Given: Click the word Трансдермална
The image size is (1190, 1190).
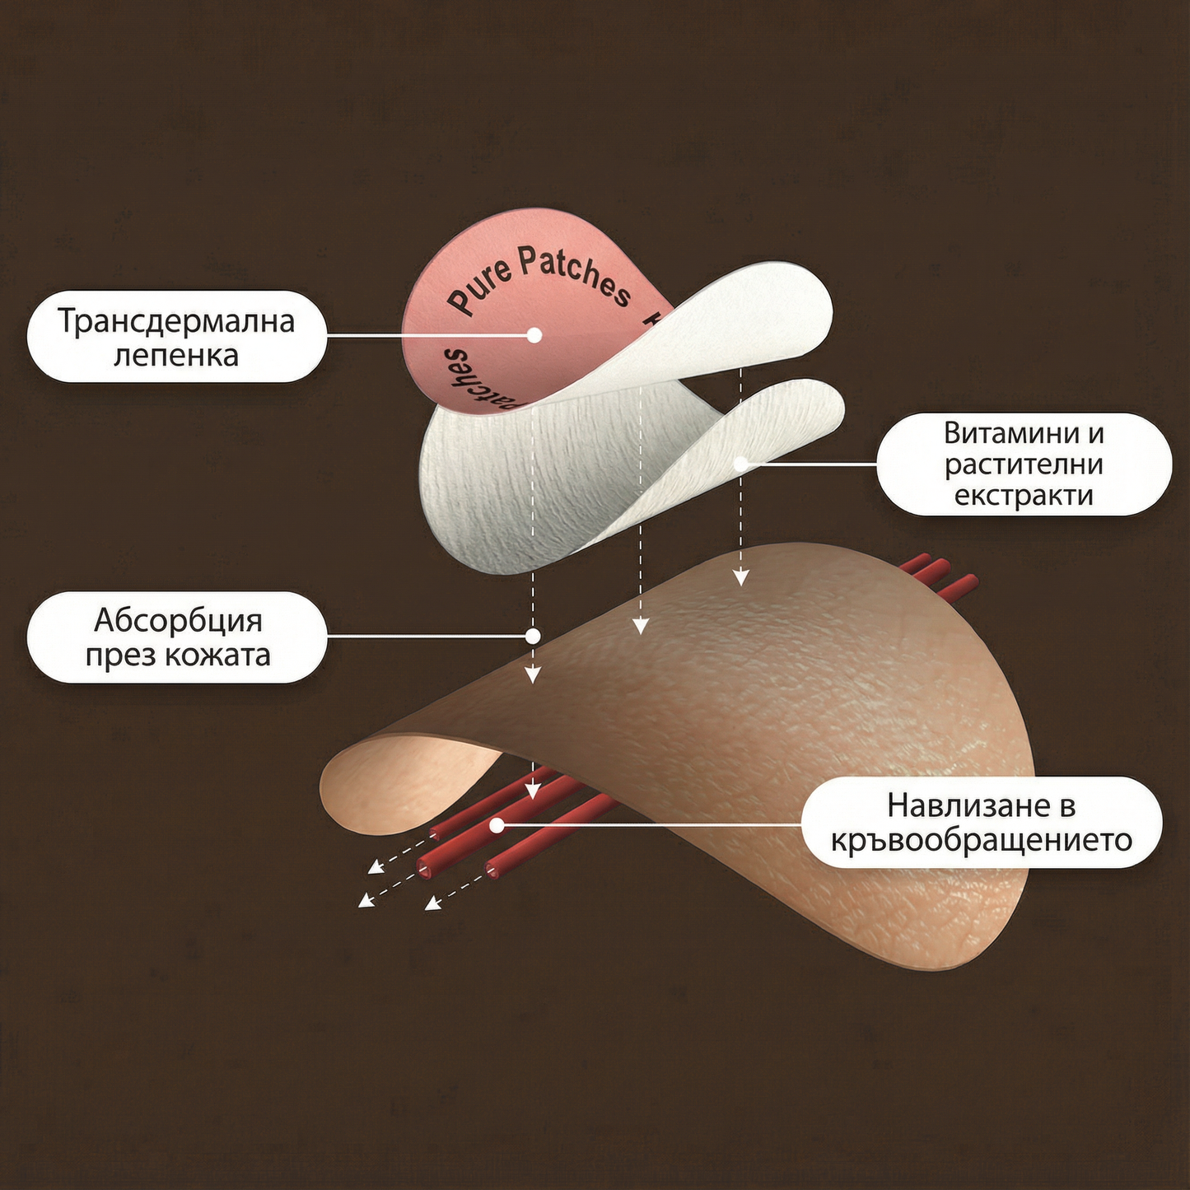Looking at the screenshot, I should (176, 321).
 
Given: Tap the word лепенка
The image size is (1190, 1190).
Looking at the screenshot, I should (176, 356).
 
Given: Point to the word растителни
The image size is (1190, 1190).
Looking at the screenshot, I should (1024, 464).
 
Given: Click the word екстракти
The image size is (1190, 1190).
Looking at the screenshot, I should (1024, 496).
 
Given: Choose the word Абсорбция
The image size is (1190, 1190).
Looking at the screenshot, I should (178, 620).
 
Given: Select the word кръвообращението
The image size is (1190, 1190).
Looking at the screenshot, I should (982, 841).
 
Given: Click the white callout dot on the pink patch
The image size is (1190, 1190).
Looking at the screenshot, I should (534, 335).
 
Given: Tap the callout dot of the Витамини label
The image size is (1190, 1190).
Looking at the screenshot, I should (740, 464).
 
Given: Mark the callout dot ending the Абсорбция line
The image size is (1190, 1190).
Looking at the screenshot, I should (533, 636).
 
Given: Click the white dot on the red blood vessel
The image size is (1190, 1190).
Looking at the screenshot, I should (497, 824).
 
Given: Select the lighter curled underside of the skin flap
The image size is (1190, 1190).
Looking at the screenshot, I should (395, 782).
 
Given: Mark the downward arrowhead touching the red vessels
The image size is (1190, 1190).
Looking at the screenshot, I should (533, 791).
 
